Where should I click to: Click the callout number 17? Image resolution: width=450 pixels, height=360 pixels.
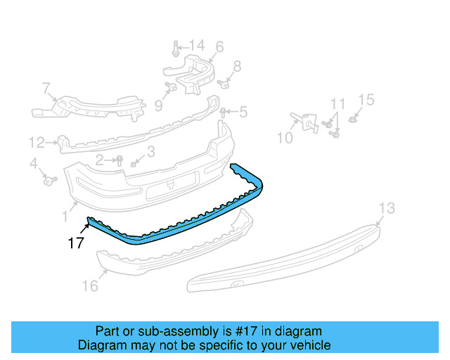coord(76,243)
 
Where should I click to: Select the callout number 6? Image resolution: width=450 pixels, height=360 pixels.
coord(219,47)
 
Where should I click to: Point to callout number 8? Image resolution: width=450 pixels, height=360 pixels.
coord(237,67)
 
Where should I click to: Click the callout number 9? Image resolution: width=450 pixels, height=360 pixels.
coord(158,105)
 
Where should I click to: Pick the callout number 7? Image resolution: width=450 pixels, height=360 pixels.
coord(46,89)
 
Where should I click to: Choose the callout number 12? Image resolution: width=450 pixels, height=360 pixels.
coord(37,143)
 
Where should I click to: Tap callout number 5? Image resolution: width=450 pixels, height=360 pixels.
coord(243,112)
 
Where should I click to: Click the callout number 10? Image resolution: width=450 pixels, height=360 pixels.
coord(284,138)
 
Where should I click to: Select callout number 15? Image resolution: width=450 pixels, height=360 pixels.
coord(367,100)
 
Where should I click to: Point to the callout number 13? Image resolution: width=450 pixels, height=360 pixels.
coord(387,209)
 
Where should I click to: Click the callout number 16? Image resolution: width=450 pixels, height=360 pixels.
coord(89,285)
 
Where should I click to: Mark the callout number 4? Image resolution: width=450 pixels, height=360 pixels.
coord(33,164)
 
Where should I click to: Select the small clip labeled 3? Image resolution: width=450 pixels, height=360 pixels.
coord(134,164)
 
